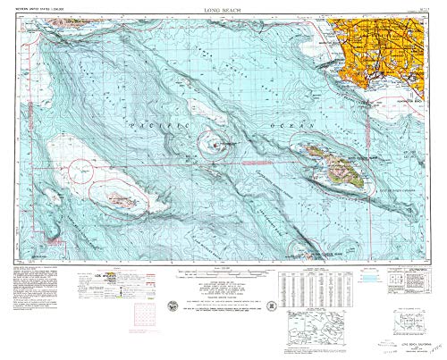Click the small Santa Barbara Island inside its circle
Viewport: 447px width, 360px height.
point(215,140)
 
